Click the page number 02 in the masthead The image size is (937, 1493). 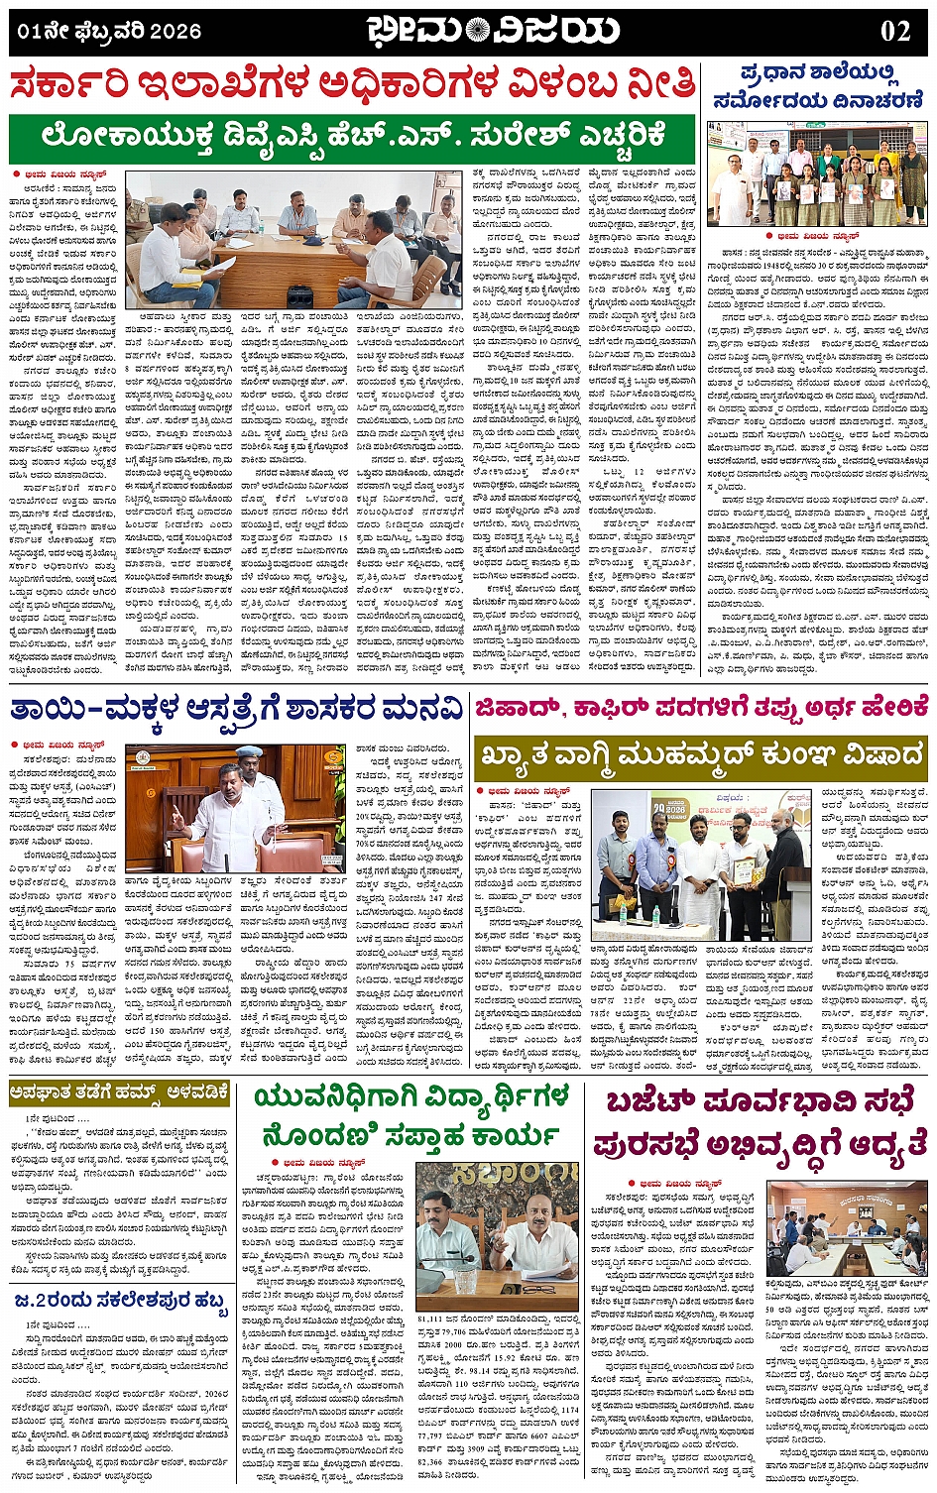pyautogui.click(x=894, y=31)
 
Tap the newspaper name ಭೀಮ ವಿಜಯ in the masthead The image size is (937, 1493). pyautogui.click(x=492, y=31)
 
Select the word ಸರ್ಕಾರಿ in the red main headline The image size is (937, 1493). pyautogui.click(x=85, y=86)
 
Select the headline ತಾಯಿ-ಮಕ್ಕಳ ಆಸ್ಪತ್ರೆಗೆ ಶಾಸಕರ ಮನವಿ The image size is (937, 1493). pyautogui.click(x=235, y=709)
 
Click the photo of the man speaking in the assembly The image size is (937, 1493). pyautogui.click(x=235, y=807)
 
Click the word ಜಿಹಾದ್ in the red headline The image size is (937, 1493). pyautogui.click(x=518, y=706)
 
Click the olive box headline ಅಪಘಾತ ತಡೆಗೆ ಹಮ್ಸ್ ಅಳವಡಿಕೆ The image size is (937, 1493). pyautogui.click(x=120, y=1094)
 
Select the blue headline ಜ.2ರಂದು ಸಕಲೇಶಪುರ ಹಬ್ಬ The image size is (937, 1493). pyautogui.click(x=120, y=1299)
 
